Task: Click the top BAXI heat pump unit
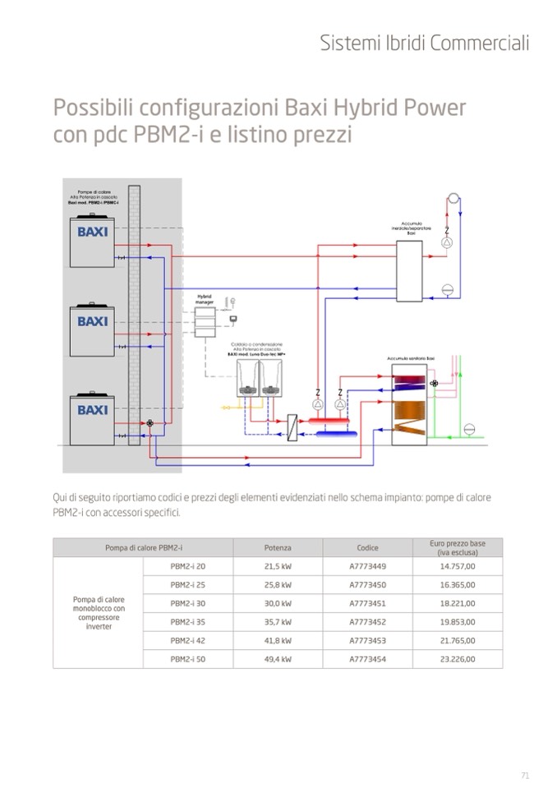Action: point(93,242)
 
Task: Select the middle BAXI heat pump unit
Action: point(93,330)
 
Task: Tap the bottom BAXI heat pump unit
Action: point(93,418)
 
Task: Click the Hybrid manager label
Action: point(204,299)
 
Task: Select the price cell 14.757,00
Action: point(458,566)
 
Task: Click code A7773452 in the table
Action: point(367,622)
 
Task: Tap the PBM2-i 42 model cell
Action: point(188,640)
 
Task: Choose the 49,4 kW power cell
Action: point(278,659)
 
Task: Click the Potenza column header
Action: point(278,547)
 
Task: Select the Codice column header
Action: point(367,547)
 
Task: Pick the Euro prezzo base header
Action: point(458,547)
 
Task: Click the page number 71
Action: point(525,774)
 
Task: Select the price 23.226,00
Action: point(458,659)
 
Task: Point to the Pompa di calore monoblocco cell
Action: point(98,613)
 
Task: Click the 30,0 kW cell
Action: point(278,603)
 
